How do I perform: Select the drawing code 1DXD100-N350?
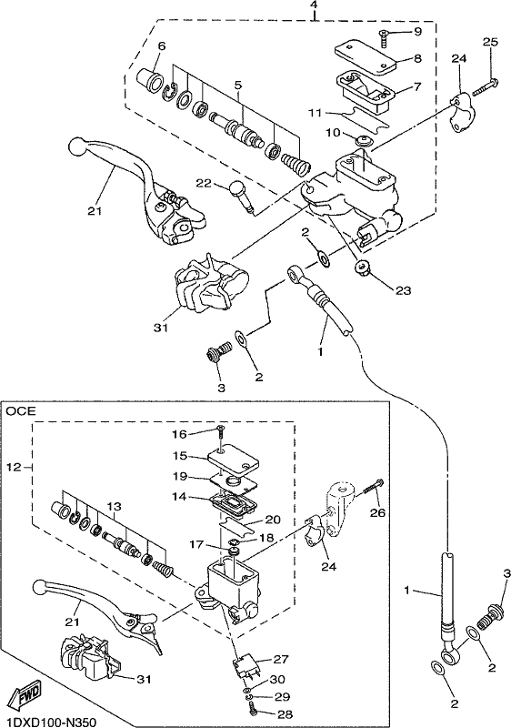click(x=49, y=722)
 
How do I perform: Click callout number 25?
click(x=490, y=42)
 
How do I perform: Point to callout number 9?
click(x=417, y=32)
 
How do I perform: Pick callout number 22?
click(x=204, y=184)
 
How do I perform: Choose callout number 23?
click(x=403, y=290)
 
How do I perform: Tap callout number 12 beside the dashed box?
click(x=15, y=467)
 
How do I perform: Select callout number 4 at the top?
click(x=314, y=5)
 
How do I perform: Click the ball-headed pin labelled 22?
click(x=243, y=197)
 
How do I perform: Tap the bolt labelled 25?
click(x=486, y=87)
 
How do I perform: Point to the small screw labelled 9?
click(x=385, y=38)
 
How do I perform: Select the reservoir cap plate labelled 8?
click(x=366, y=56)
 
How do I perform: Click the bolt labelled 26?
click(x=373, y=487)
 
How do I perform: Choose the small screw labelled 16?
click(x=221, y=432)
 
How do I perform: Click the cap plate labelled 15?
click(x=233, y=460)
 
